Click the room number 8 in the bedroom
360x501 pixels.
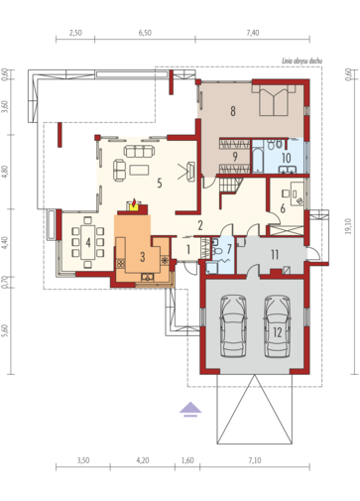[x=233, y=111]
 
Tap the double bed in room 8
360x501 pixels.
[x=274, y=100]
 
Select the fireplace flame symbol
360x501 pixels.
[x=134, y=204]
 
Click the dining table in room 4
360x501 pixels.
[x=88, y=242]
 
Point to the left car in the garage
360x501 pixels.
[x=233, y=326]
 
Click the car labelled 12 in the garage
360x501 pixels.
[x=278, y=326]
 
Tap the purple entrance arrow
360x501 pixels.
[x=190, y=409]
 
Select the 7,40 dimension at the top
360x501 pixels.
[x=253, y=33]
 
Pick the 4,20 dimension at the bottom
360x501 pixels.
[x=143, y=460]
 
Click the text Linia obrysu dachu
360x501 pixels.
[x=301, y=61]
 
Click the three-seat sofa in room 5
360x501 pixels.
[x=139, y=151]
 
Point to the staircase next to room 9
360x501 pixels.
[x=230, y=185]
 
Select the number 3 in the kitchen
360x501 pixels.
[x=143, y=257]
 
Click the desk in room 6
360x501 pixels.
[x=297, y=193]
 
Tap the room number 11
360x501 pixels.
[x=275, y=255]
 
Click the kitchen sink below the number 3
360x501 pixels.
[x=148, y=277]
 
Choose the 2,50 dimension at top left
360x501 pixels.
[x=75, y=33]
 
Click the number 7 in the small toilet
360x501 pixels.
[x=229, y=249]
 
